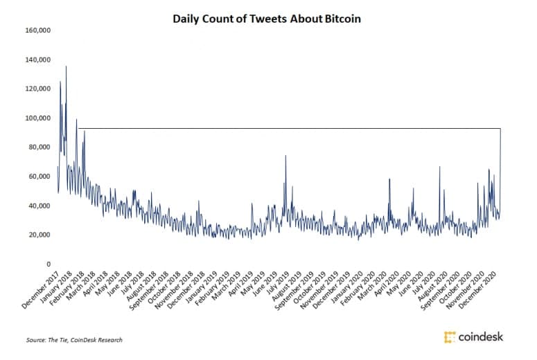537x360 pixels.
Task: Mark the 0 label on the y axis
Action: (x=49, y=264)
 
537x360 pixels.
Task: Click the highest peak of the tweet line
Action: (x=66, y=66)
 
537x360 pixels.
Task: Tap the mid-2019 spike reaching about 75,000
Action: (x=285, y=156)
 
